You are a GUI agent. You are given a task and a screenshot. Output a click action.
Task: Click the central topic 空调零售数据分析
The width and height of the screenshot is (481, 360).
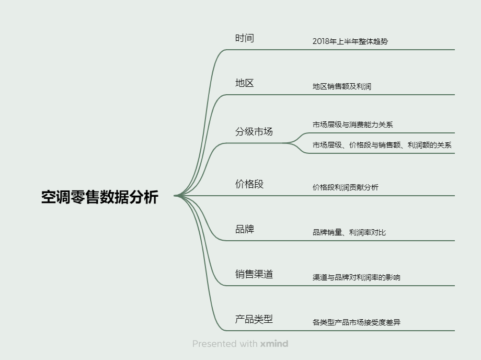[100, 197]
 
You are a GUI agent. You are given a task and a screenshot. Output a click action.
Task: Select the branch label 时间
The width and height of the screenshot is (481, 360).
[245, 38]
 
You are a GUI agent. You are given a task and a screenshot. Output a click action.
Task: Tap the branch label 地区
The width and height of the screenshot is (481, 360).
[245, 83]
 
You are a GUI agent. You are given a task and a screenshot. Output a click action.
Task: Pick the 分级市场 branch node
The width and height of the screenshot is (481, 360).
[254, 132]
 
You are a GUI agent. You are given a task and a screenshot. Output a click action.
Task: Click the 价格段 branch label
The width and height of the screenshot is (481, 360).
[249, 184]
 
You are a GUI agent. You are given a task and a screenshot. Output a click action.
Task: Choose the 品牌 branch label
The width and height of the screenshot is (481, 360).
[245, 229]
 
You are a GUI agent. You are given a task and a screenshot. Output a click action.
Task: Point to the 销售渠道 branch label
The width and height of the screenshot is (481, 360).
[254, 274]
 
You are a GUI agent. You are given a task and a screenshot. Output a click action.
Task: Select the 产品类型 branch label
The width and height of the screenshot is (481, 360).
[254, 319]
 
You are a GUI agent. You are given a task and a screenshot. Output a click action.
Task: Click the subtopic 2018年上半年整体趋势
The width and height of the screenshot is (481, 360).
[350, 41]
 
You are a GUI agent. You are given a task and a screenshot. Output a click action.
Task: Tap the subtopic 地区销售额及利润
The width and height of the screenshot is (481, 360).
[342, 86]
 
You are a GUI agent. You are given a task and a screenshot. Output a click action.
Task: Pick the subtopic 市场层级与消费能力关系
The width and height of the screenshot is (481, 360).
[353, 125]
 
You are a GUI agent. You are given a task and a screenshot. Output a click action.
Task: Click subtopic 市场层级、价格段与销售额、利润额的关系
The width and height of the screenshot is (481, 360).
[382, 145]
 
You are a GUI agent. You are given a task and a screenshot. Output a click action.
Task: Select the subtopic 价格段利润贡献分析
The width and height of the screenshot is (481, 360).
[346, 187]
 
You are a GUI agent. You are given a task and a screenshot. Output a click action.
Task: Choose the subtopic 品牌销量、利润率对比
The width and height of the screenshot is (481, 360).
[349, 232]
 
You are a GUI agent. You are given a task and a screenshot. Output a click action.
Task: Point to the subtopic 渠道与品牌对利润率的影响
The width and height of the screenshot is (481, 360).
[357, 277]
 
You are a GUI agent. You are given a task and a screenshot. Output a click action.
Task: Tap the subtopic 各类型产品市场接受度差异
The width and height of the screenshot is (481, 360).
[357, 322]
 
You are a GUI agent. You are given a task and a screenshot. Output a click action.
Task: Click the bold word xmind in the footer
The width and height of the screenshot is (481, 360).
[274, 344]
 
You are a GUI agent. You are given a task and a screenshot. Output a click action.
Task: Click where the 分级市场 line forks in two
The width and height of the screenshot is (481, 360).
[284, 143]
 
